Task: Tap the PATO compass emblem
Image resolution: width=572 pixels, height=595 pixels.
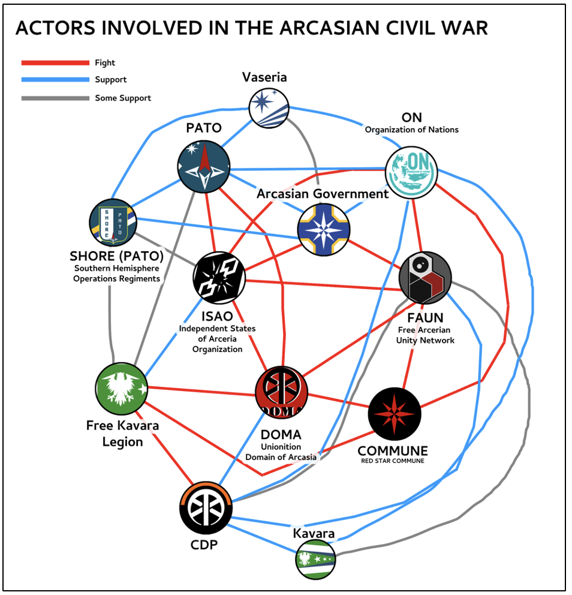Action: click(204, 166)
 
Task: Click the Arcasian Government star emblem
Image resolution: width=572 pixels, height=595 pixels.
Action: click(323, 230)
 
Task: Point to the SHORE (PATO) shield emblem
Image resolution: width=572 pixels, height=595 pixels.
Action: click(113, 222)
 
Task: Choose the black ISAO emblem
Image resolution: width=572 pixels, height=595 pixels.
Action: click(219, 277)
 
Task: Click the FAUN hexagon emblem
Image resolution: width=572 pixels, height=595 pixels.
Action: click(425, 278)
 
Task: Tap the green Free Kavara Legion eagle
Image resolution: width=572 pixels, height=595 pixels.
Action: click(122, 388)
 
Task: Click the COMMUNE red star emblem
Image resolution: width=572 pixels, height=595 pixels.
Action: click(394, 413)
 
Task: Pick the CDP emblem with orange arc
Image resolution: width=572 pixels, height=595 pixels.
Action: click(206, 507)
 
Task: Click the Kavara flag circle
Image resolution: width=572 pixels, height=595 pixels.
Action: click(315, 559)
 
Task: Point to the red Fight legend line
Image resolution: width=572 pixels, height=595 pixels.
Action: click(55, 62)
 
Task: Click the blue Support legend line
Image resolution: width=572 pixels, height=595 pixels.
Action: click(55, 80)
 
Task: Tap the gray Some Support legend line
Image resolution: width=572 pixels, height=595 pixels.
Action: click(55, 98)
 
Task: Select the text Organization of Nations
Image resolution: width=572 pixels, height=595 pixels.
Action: click(411, 130)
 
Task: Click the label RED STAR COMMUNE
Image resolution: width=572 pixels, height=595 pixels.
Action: click(393, 461)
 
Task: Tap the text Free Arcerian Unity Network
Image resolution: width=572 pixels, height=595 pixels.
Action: click(425, 335)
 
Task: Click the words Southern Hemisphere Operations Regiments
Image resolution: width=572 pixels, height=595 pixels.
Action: click(116, 273)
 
